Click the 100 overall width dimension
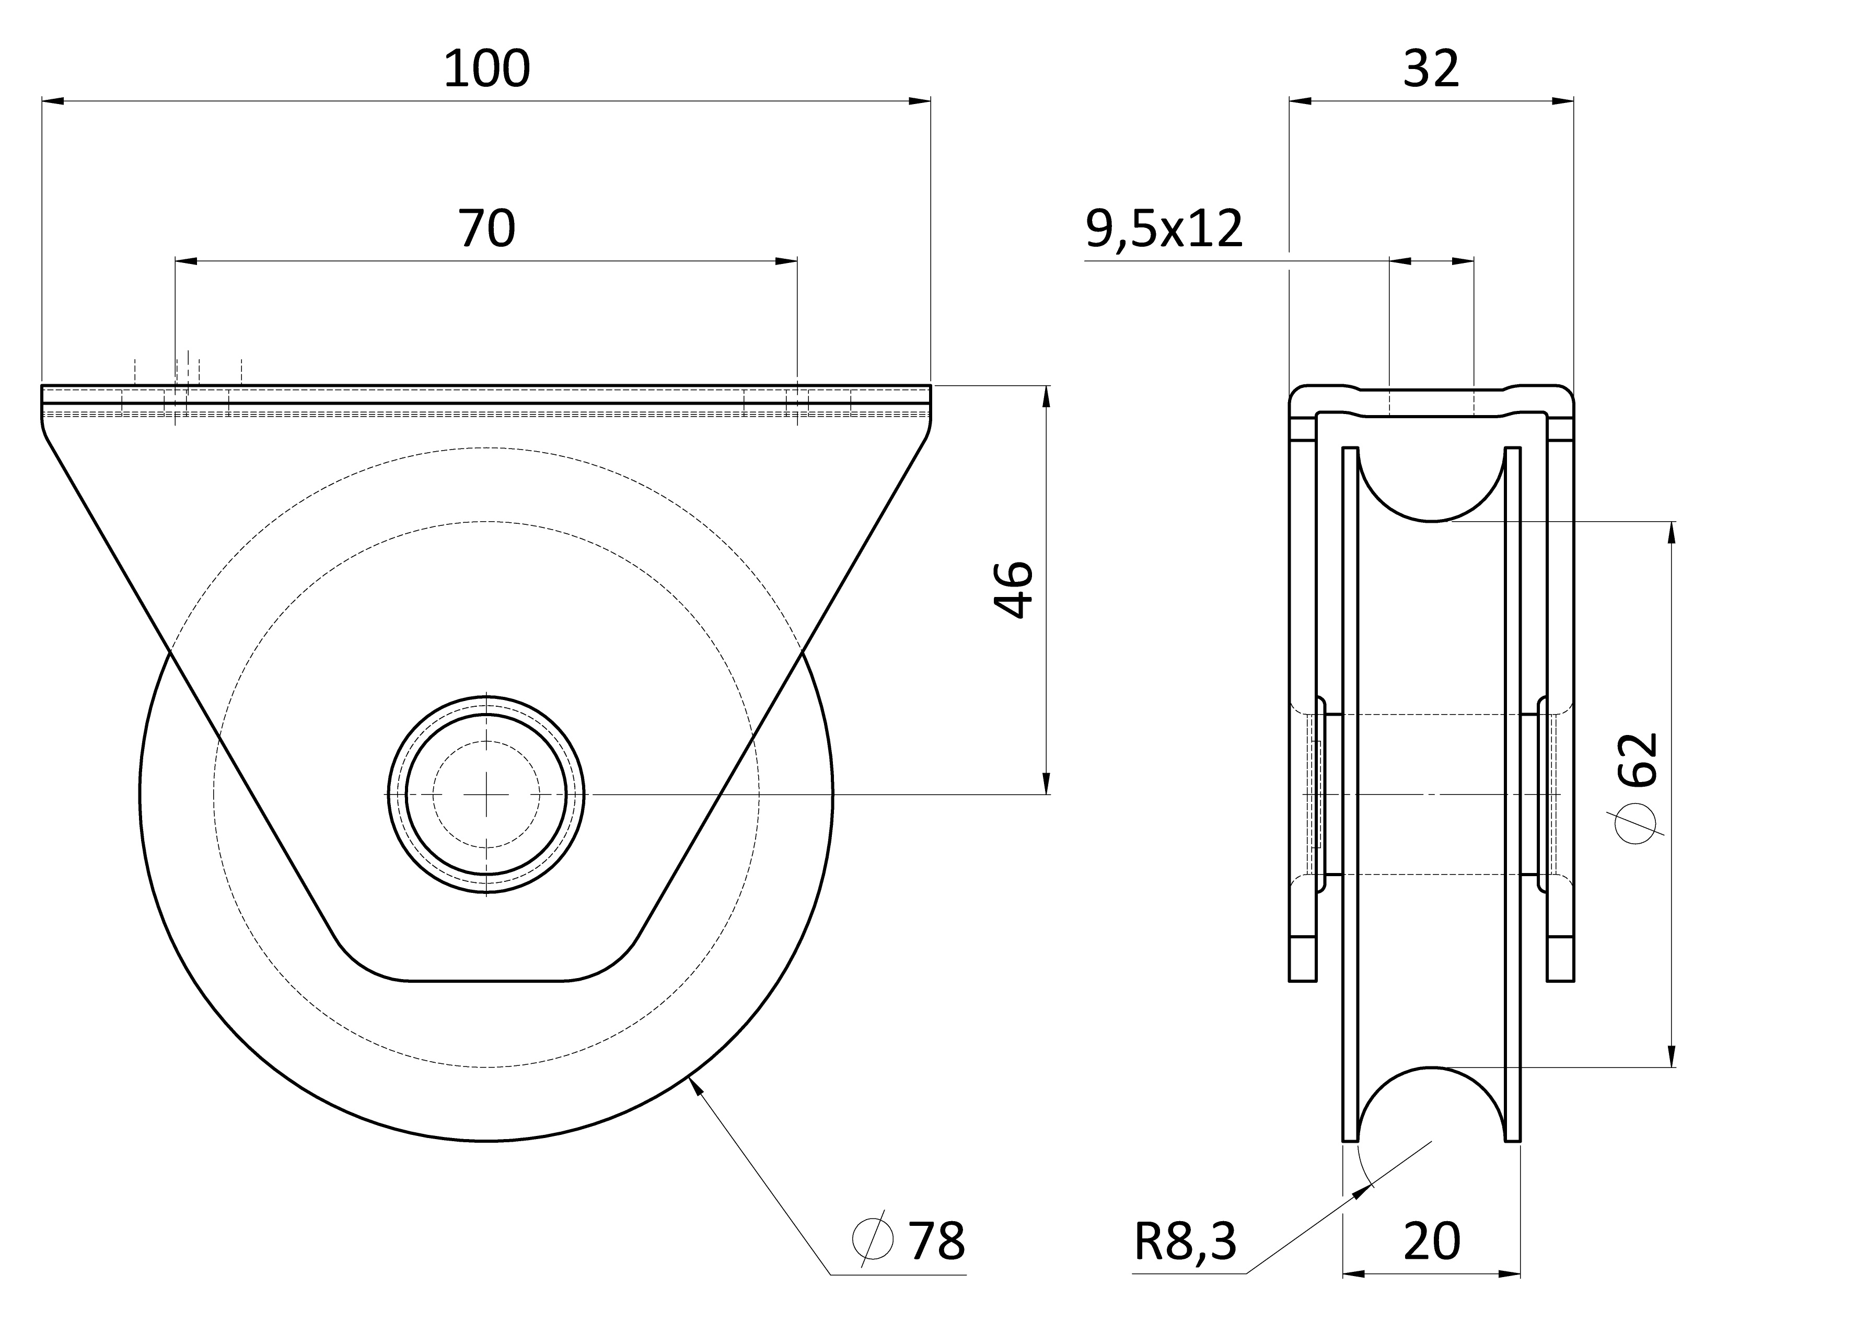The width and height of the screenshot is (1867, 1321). tap(486, 68)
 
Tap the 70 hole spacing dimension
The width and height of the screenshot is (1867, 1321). tap(486, 228)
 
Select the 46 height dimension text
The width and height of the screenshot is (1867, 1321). tap(1013, 590)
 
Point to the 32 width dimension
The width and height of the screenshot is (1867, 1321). tap(1431, 68)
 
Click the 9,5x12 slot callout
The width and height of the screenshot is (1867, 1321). tap(1164, 228)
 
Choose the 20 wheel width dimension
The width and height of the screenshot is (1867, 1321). tap(1432, 1242)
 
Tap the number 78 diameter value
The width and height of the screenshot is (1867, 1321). tap(936, 1242)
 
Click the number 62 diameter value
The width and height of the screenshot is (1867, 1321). tap(1637, 760)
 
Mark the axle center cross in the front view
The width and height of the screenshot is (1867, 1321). tap(486, 794)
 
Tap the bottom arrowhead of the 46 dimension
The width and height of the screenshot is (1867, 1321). tap(1046, 783)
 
